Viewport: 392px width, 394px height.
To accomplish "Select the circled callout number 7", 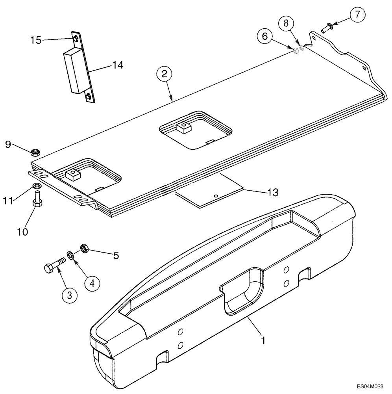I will pyautogui.click(x=357, y=15).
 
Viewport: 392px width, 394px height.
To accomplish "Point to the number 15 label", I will pyautogui.click(x=36, y=40).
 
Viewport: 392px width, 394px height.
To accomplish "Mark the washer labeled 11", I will pyautogui.click(x=37, y=186).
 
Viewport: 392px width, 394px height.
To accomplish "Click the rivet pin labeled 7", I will pyautogui.click(x=326, y=28).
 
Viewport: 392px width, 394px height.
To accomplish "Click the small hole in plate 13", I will pyautogui.click(x=215, y=195).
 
